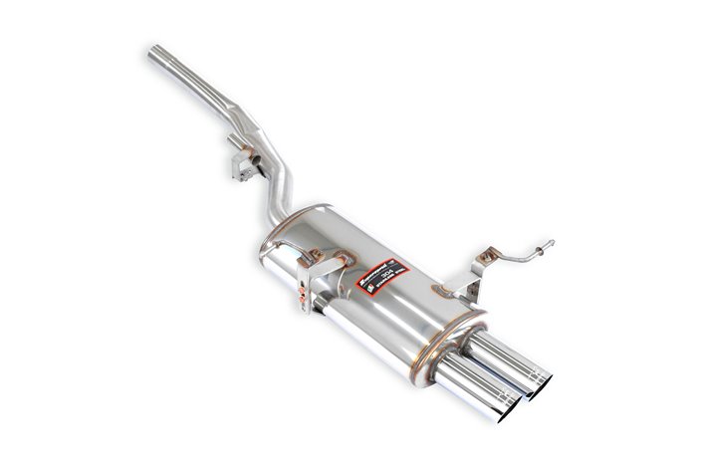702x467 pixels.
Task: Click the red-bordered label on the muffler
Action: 382,270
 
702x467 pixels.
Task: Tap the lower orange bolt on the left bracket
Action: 302,302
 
